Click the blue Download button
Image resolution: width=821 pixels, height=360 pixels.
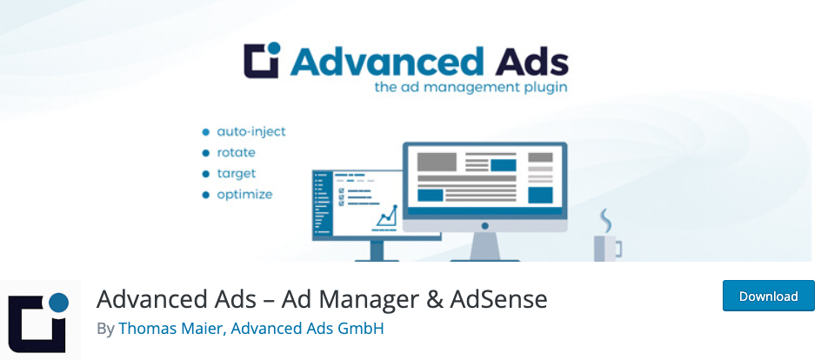pos(768,296)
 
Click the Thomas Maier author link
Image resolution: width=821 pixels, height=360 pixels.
pos(172,329)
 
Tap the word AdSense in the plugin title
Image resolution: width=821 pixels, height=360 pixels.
pos(499,300)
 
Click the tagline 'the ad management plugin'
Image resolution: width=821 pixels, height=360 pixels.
pos(471,87)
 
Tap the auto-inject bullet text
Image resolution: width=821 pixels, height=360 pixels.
pos(251,132)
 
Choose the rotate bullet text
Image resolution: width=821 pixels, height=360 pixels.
pos(237,153)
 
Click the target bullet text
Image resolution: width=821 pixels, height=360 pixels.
pos(237,174)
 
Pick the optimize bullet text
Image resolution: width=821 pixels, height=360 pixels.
pos(244,195)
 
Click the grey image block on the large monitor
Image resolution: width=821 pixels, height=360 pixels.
pos(437,162)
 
